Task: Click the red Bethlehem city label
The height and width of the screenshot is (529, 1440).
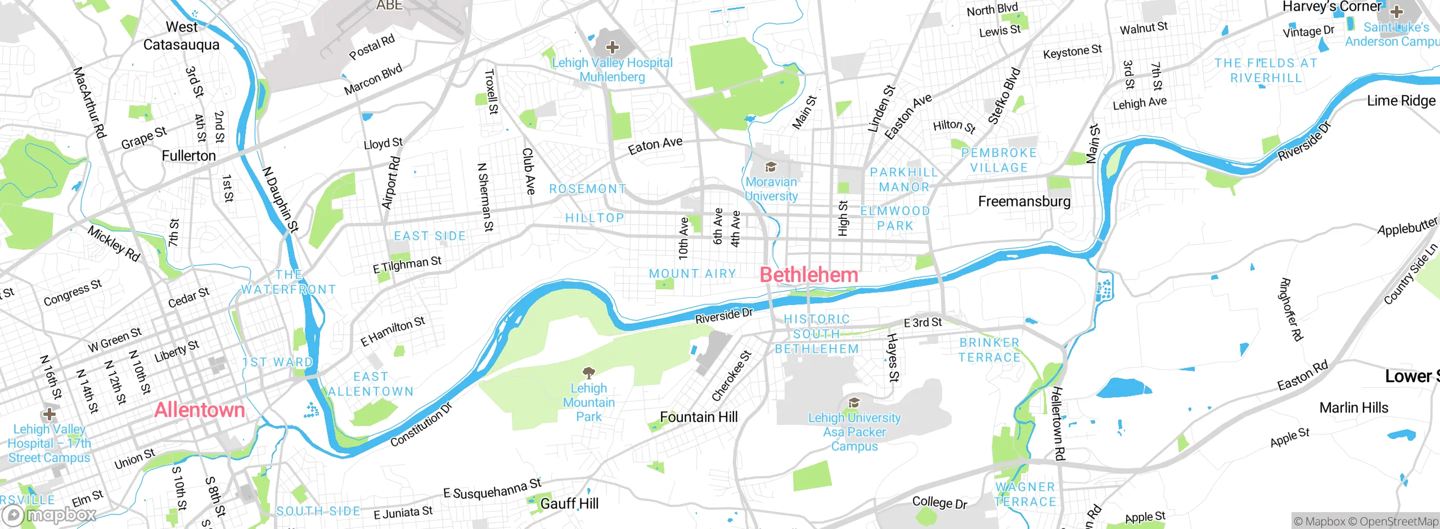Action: [x=809, y=275]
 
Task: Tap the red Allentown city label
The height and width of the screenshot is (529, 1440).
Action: [x=200, y=410]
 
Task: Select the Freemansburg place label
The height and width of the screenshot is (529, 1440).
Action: [x=1024, y=201]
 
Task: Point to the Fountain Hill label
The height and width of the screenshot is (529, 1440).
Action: [x=699, y=417]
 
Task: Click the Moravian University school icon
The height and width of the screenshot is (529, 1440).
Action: [x=771, y=167]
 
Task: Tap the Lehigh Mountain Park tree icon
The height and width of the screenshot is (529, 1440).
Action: [x=588, y=373]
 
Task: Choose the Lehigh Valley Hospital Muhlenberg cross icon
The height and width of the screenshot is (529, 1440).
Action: [x=612, y=47]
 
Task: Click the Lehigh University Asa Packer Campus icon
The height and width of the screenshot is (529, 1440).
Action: [x=854, y=402]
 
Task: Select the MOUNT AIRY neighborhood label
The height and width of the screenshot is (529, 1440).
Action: [x=692, y=274]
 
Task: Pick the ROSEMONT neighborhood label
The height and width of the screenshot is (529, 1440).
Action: [x=588, y=189]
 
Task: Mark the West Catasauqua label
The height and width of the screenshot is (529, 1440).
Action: [x=181, y=35]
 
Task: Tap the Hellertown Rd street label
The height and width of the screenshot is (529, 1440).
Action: [x=1058, y=423]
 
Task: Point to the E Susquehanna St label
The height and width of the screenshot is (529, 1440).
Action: [x=492, y=488]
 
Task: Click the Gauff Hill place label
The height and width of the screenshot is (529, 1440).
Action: [x=569, y=504]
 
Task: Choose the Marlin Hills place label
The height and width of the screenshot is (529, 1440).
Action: [x=1353, y=407]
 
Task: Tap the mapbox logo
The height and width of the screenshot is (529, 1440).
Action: [x=49, y=515]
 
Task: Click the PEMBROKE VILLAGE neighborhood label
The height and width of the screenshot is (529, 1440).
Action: [x=998, y=160]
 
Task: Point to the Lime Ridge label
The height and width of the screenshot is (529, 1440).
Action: [x=1401, y=101]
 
